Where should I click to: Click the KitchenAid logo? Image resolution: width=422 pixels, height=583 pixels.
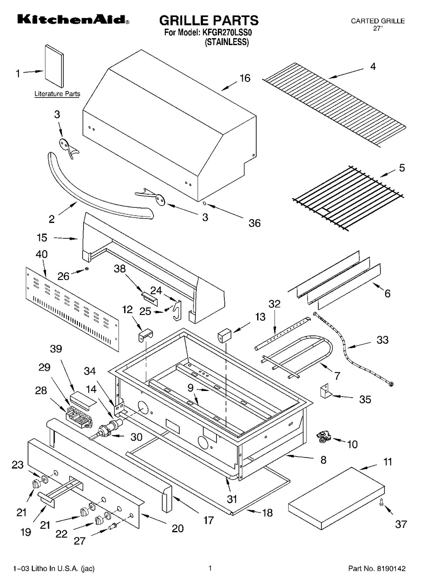pos(73,20)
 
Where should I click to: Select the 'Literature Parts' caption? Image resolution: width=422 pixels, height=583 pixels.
pos(57,94)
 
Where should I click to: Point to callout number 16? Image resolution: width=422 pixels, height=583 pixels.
pos(244,78)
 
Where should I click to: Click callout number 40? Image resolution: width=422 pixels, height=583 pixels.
pos(42,254)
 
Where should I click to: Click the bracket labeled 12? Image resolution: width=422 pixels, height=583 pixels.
pos(146,335)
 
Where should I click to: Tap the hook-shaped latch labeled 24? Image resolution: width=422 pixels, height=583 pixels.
pos(178,310)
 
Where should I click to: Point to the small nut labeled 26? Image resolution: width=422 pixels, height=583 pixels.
pos(87,269)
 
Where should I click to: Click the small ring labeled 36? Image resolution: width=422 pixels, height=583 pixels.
pos(205,202)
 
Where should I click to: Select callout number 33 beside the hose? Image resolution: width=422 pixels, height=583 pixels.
pos(382,340)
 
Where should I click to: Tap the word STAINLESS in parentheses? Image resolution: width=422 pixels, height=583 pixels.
pos(227,42)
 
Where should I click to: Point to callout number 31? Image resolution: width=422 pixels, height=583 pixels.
pos(232,499)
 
